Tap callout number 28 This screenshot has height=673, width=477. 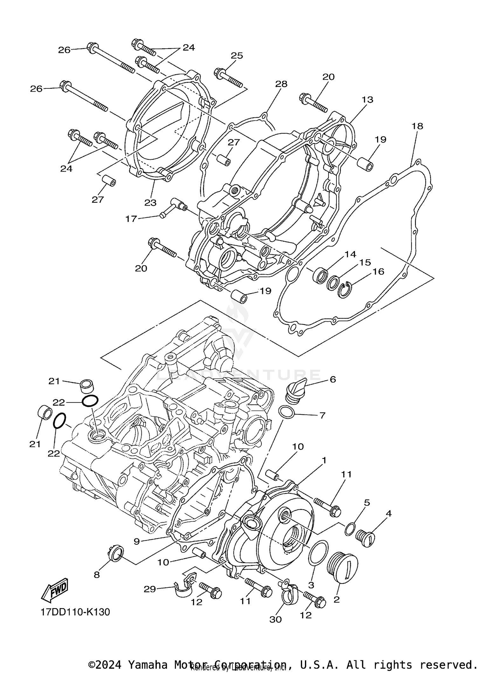(281, 84)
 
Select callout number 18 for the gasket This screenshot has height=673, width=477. (417, 126)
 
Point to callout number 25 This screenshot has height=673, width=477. (237, 56)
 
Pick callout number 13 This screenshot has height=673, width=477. (367, 100)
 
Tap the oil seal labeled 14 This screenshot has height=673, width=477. (320, 275)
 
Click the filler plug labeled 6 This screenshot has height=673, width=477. (295, 391)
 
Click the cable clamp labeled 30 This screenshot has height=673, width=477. (287, 591)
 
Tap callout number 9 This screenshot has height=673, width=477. (137, 541)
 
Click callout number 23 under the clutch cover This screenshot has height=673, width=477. (150, 202)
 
